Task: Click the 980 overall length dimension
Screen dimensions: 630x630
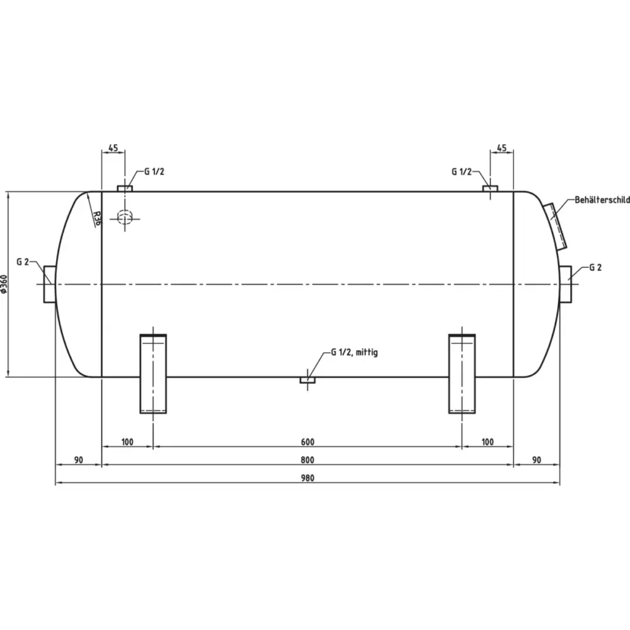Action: [x=307, y=478]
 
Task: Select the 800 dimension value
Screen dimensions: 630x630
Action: [x=307, y=460]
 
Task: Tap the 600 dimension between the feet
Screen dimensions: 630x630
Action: [x=307, y=442]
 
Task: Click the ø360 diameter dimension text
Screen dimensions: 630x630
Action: [x=4, y=284]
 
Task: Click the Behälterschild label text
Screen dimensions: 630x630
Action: [x=602, y=200]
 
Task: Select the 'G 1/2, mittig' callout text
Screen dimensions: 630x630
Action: [x=354, y=352]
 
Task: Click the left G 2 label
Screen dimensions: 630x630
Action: [x=23, y=262]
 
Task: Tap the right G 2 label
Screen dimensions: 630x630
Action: [x=595, y=267]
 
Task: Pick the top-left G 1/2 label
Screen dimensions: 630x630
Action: [x=154, y=171]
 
